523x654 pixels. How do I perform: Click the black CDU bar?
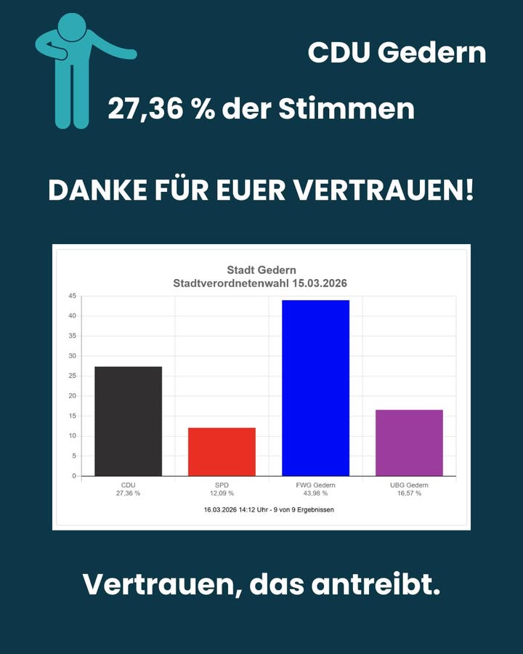pos(129,421)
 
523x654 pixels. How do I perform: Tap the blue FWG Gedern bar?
pos(315,388)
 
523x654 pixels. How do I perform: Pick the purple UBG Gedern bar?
pos(409,443)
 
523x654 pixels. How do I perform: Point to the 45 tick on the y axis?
pos(72,296)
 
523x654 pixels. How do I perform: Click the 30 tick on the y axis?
pos(72,356)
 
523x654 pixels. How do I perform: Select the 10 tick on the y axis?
pos(72,436)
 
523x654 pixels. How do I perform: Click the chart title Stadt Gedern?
pos(261,271)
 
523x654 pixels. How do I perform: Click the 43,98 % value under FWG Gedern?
pos(315,493)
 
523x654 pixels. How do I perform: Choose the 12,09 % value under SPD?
pos(222,493)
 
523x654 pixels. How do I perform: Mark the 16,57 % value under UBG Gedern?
pos(409,493)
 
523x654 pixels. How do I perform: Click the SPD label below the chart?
pos(222,485)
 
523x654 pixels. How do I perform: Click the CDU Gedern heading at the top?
pos(397,52)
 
